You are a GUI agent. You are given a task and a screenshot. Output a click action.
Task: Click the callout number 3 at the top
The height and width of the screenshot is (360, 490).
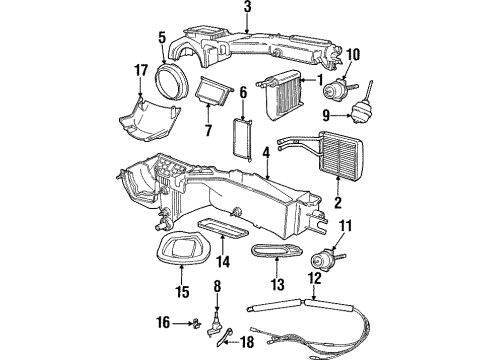click(247, 9)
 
